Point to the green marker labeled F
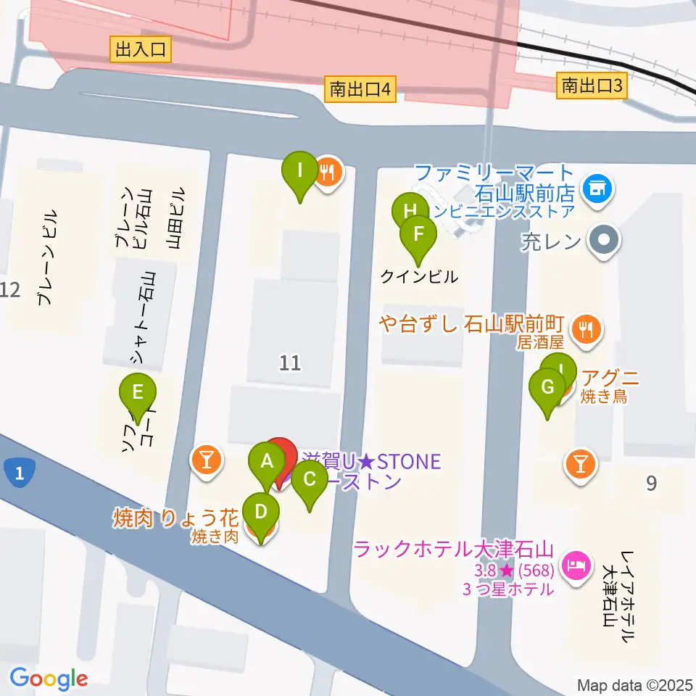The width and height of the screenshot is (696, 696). tap(418, 236)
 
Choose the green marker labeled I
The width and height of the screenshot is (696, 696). tap(299, 173)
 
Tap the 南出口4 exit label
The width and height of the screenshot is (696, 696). tap(360, 89)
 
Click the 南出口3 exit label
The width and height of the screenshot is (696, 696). tap(592, 86)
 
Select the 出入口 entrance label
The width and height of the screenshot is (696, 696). tap(141, 49)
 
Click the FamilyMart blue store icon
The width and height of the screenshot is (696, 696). tap(598, 188)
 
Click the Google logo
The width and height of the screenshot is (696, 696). tap(49, 679)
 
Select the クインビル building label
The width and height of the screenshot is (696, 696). tap(420, 276)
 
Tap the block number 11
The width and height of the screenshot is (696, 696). tap(290, 362)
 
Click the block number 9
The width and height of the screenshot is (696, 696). tap(651, 482)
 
